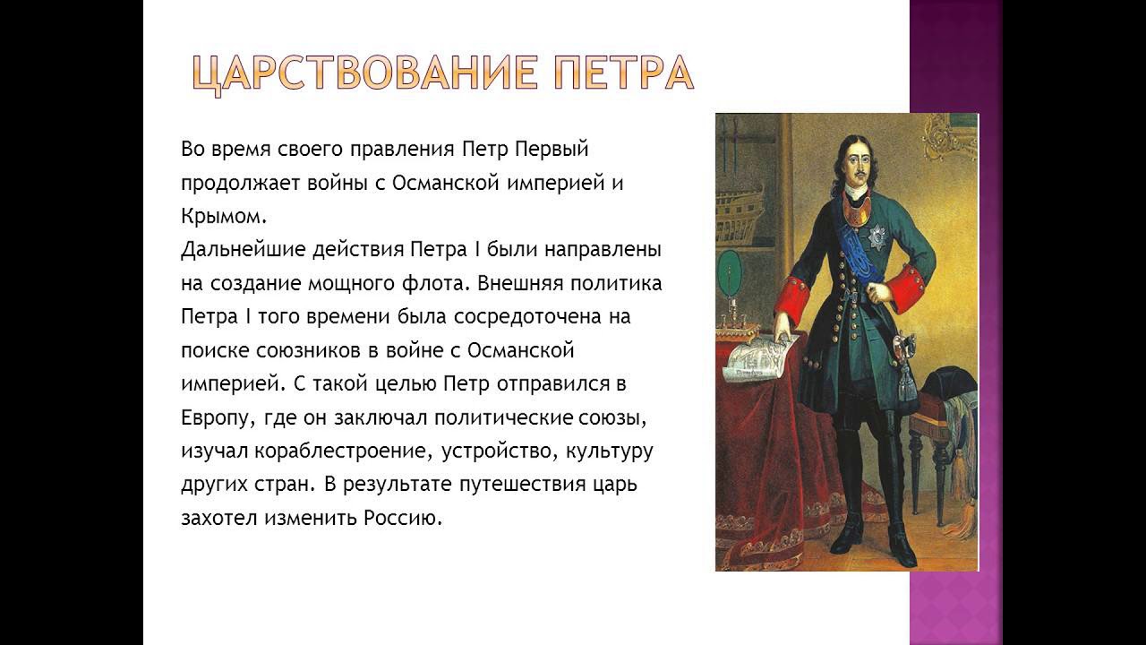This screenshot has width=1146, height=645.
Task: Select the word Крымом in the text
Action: point(224,217)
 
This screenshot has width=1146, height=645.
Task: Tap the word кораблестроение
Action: point(340,452)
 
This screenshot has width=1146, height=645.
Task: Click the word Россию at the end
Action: point(402,518)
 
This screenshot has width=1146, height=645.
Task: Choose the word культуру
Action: point(610,452)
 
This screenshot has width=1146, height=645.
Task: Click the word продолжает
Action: point(240,184)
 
